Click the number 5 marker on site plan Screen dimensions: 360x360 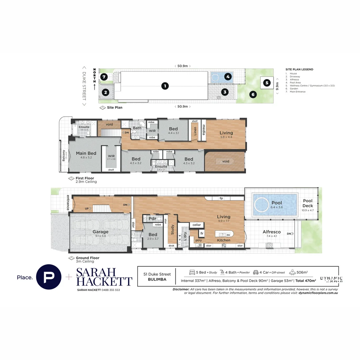(x=266, y=83)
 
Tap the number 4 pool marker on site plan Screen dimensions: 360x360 (x=228, y=77)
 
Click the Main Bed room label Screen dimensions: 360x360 (x=86, y=153)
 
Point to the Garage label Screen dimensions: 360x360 (x=100, y=232)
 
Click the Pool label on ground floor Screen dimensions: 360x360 (x=276, y=203)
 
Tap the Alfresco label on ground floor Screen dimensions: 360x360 (x=272, y=232)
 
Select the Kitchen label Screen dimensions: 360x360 (x=224, y=240)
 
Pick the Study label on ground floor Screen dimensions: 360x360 (x=172, y=230)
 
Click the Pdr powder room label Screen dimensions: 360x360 (x=152, y=219)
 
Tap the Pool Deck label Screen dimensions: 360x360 (x=308, y=203)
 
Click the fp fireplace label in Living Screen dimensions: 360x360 (x=221, y=198)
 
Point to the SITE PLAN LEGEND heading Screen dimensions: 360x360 (x=299, y=69)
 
